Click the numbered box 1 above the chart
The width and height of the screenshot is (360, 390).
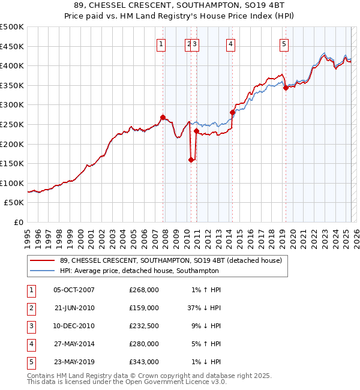click(x=161, y=43)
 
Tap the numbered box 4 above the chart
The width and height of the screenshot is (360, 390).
click(x=230, y=43)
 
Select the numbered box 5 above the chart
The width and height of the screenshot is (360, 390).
click(x=283, y=43)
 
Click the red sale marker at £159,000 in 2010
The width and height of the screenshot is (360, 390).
click(x=191, y=160)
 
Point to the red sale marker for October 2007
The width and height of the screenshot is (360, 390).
click(x=163, y=117)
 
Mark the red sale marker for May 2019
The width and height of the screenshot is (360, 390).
click(x=286, y=88)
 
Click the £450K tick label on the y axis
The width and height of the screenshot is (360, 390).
click(x=12, y=46)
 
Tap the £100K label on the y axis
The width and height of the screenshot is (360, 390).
click(x=12, y=183)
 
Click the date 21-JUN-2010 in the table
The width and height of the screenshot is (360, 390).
click(x=74, y=308)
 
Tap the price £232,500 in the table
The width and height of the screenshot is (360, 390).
click(x=143, y=326)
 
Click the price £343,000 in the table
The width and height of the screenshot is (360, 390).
click(x=143, y=362)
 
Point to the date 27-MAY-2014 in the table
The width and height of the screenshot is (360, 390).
click(x=74, y=344)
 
